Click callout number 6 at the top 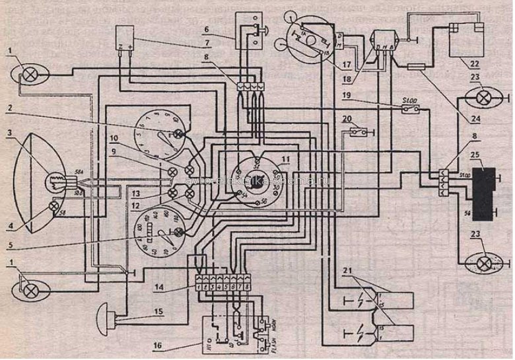click(207, 30)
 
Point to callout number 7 click(207, 44)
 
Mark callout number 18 click(347, 79)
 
